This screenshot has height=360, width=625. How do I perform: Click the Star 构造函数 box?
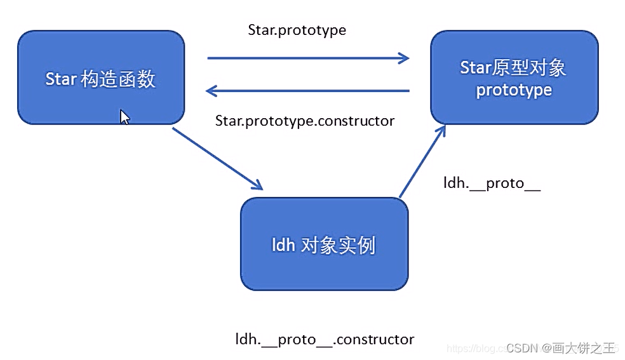[x=101, y=77]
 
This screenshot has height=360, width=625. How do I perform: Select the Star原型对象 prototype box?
[x=514, y=77]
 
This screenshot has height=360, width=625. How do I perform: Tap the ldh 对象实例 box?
[x=324, y=244]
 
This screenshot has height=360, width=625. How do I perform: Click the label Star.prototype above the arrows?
[x=297, y=30]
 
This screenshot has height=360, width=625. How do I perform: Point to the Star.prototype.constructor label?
[x=305, y=121]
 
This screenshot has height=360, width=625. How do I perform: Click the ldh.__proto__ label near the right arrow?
[x=492, y=183]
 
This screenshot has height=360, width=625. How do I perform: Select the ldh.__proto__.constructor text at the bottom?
[x=325, y=340]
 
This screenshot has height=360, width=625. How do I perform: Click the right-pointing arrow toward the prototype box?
[x=308, y=58]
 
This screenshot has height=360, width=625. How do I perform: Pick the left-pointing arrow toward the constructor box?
[x=308, y=91]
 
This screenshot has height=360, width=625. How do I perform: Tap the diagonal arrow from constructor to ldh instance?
[x=217, y=158]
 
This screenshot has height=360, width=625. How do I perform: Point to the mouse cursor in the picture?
[x=124, y=117]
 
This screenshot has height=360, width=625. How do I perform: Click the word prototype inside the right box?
[x=514, y=90]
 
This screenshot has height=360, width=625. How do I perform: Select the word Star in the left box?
[x=61, y=79]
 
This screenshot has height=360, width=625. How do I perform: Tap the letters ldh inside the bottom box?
[x=283, y=245]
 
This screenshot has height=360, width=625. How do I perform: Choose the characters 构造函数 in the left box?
[x=118, y=79]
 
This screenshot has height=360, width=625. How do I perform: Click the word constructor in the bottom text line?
[x=375, y=340]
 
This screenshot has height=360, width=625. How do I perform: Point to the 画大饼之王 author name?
[x=584, y=348]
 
